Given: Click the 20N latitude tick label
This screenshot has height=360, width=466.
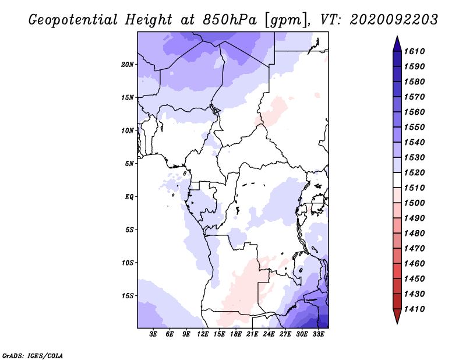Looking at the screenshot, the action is click(x=128, y=65).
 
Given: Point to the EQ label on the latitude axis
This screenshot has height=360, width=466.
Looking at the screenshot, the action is click(x=129, y=197).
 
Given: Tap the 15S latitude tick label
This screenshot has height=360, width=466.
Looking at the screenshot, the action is click(x=128, y=296).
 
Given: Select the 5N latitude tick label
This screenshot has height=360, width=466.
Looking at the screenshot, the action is click(x=129, y=164).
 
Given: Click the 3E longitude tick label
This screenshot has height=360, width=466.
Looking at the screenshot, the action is click(x=153, y=334).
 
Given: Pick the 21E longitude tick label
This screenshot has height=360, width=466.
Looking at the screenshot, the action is click(x=252, y=334).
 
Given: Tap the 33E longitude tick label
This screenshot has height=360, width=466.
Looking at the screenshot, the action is click(x=318, y=334).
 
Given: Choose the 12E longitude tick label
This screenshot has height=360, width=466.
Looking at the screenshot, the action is click(x=202, y=334).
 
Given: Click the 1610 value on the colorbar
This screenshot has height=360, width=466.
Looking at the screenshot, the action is click(x=414, y=51).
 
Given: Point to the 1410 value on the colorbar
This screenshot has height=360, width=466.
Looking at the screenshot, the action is click(x=414, y=309).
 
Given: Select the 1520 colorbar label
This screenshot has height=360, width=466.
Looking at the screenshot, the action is click(x=414, y=172).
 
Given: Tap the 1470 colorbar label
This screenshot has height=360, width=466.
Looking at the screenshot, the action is click(x=414, y=249).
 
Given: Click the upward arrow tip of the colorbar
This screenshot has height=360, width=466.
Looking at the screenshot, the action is click(x=397, y=36).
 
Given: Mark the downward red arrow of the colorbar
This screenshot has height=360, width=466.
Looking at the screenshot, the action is click(x=397, y=316).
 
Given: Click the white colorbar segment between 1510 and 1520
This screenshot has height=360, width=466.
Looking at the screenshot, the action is click(x=397, y=180).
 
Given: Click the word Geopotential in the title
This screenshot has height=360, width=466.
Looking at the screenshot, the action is click(x=73, y=20).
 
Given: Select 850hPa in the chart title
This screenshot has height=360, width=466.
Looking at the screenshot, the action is click(x=230, y=20).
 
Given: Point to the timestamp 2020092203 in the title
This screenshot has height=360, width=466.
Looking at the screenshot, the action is click(x=394, y=20).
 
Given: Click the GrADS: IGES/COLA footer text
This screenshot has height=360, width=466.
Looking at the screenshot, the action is click(x=33, y=356).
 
